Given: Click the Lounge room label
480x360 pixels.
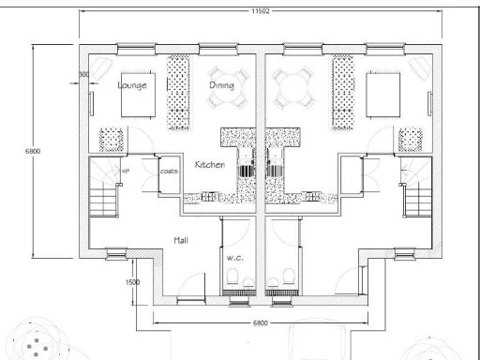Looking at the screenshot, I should pos(132,84).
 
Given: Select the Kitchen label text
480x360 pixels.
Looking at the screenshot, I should pos(209,165).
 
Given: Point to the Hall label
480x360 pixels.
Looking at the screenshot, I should pos(182,241).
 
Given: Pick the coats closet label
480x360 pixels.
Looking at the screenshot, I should pos(169,172).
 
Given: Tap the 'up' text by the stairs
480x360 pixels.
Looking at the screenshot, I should pos(125,171).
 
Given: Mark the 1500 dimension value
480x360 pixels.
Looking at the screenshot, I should pos(132,281).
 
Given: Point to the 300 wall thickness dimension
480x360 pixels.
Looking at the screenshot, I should pos(83,72).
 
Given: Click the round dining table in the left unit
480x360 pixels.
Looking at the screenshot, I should pos(228,85).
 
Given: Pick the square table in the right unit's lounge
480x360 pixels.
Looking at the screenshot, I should pos(383,94).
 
